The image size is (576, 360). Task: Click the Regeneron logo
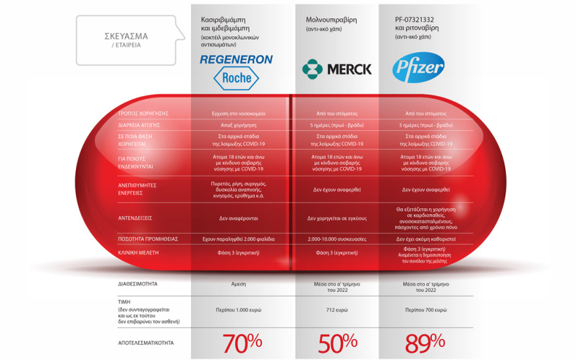pos(236,60)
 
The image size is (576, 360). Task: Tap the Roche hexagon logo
pos(233,79)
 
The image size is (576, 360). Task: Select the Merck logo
pos(336,69)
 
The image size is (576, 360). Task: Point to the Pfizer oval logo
pos(418,68)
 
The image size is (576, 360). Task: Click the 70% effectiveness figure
pos(242,342)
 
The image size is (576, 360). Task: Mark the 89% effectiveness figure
pos(425,342)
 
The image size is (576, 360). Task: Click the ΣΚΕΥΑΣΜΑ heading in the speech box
pos(126,36)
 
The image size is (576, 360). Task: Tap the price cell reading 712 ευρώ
pos(336,309)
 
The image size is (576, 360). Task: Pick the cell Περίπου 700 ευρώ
pos(425,309)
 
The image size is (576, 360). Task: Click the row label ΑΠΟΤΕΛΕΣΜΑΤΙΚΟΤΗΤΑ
pos(146,342)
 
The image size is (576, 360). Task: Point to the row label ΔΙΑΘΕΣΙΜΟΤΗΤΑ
pos(138,284)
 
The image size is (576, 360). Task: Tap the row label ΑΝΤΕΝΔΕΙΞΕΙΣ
pos(135,218)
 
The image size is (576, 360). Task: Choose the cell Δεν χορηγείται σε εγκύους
pos(336,218)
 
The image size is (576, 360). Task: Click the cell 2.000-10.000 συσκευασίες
pos(336,239)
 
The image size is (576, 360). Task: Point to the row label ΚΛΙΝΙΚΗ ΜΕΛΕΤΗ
pos(138,252)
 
